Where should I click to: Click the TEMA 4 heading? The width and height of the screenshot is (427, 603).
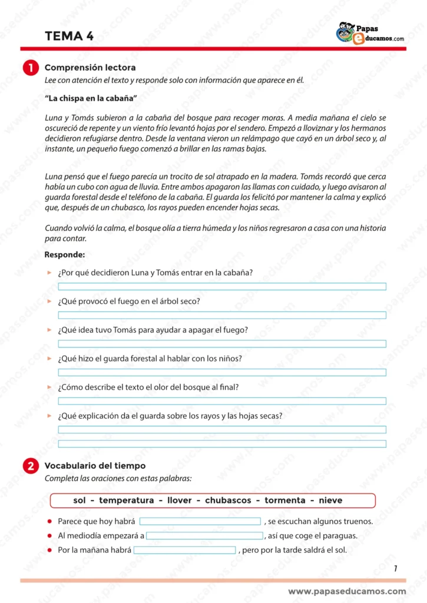pyautogui.click(x=69, y=36)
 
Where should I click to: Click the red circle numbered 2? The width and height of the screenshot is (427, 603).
pyautogui.click(x=31, y=466)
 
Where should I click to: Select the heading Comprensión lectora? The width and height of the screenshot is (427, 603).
pyautogui.click(x=90, y=68)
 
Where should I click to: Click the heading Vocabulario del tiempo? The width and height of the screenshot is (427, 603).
pyautogui.click(x=95, y=466)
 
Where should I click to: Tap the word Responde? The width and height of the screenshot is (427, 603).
pyautogui.click(x=65, y=254)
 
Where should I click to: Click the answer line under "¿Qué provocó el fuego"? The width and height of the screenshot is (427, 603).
pyautogui.click(x=222, y=315)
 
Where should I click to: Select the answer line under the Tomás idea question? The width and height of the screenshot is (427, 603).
pyautogui.click(x=222, y=344)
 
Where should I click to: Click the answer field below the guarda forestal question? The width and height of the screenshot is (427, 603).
pyautogui.click(x=222, y=372)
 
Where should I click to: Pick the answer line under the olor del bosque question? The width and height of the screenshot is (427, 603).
pyautogui.click(x=222, y=401)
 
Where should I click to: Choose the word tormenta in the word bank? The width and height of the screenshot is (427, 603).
pyautogui.click(x=285, y=501)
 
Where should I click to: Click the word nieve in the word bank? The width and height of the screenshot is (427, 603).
pyautogui.click(x=330, y=501)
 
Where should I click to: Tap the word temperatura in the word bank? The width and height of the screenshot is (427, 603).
pyautogui.click(x=126, y=501)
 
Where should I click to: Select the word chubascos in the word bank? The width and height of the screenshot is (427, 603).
pyautogui.click(x=230, y=501)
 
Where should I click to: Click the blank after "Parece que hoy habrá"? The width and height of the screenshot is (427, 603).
pyautogui.click(x=200, y=521)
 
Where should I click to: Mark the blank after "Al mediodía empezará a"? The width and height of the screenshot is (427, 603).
pyautogui.click(x=204, y=536)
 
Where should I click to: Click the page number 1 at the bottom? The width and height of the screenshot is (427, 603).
pyautogui.click(x=395, y=568)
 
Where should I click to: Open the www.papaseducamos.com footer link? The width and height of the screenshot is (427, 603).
pyautogui.click(x=347, y=591)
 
